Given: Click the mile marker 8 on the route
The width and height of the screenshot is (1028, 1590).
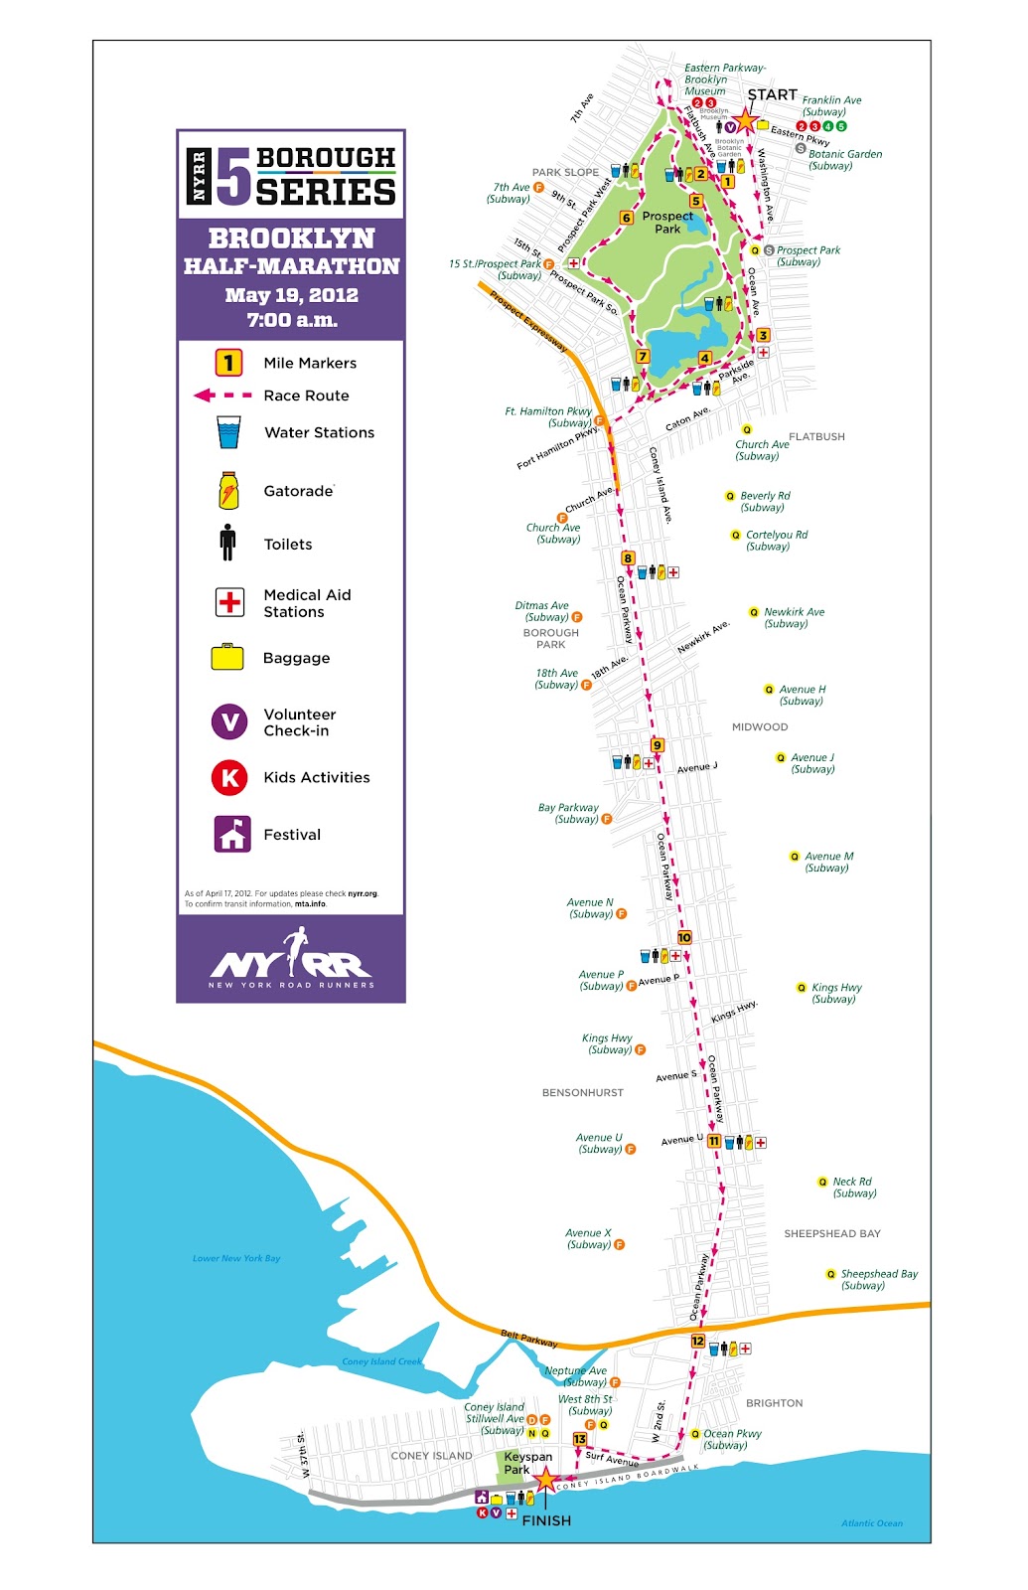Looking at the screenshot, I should point(628,558).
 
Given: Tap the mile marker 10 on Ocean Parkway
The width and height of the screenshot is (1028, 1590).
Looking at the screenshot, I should point(684,937).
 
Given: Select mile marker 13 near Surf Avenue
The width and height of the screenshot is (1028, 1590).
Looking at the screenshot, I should point(580,1438).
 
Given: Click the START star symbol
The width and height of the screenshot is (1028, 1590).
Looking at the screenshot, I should point(745,121).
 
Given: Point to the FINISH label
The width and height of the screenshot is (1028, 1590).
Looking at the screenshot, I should point(546,1520).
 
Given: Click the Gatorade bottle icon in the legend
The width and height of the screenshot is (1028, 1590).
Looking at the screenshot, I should point(228,491).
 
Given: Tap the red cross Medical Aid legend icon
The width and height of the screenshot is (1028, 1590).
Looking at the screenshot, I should point(229,602).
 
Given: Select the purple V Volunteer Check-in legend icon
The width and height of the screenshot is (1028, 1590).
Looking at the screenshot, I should point(229,721).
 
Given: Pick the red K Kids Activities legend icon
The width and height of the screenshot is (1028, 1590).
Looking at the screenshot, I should point(229,778).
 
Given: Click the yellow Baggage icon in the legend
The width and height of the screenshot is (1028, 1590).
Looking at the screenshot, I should point(227,657).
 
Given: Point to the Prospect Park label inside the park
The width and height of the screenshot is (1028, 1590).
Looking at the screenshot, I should point(667,222).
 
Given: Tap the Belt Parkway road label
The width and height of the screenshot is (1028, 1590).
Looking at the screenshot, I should point(528,1339).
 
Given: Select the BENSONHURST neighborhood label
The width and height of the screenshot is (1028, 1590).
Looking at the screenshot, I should point(583,1092).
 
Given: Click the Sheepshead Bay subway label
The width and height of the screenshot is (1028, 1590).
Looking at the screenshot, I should point(878,1279).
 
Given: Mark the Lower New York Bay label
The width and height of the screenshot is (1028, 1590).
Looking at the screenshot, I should point(236,1258).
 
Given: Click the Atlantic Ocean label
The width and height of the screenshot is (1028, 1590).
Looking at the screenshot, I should point(872,1522).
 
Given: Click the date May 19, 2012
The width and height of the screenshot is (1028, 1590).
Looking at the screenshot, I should point(291,295).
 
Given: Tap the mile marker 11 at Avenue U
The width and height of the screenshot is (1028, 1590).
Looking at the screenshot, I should point(713,1141).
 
